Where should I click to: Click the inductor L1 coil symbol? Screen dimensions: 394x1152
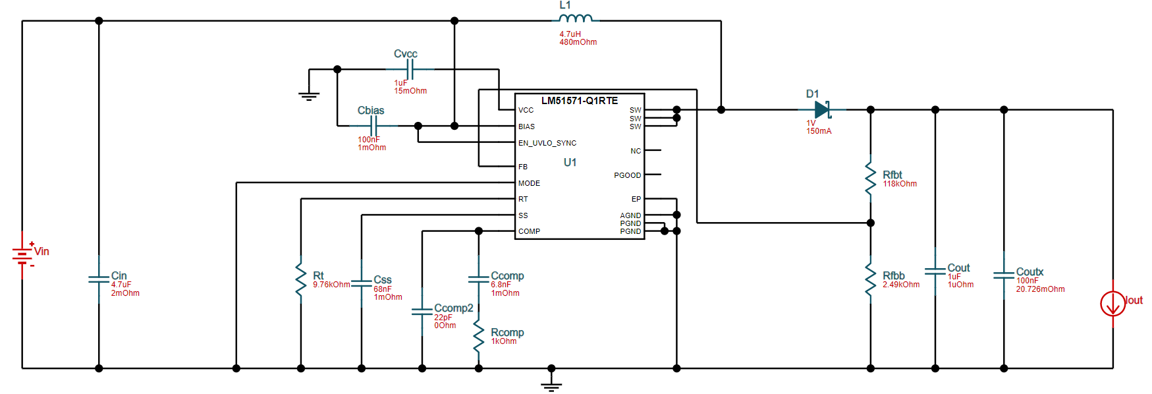tap(576, 18)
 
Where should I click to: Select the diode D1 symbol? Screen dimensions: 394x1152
tap(822, 109)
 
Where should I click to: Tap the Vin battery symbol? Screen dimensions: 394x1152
tap(22, 254)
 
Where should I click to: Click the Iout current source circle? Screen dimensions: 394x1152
tap(1112, 303)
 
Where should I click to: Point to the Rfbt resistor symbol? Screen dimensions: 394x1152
tap(870, 175)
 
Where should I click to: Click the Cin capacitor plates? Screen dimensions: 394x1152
tap(99, 279)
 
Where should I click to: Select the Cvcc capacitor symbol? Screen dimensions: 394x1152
tap(410, 69)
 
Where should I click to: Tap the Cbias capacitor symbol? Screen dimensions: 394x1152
tap(373, 125)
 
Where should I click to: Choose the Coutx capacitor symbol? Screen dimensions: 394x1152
tap(1004, 275)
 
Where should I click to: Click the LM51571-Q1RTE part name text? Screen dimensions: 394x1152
tap(580, 101)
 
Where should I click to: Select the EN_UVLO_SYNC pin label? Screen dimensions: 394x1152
tap(547, 143)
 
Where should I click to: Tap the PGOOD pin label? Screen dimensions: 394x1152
tap(627, 175)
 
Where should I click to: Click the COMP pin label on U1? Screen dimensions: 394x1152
tap(529, 231)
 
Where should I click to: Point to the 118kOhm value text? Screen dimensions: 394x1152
tap(900, 184)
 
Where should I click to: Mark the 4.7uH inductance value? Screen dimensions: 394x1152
tap(570, 34)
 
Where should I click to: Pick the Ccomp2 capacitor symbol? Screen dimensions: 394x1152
tap(422, 312)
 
